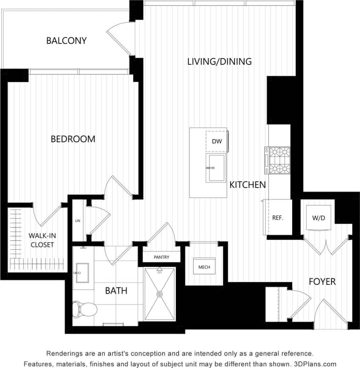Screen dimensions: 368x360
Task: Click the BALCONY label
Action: click(66, 41)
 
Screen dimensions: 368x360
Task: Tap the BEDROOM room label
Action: click(73, 139)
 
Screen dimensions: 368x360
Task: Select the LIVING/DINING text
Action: click(219, 62)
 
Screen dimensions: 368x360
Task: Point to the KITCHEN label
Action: click(248, 185)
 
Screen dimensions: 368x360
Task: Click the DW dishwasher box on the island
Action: click(217, 142)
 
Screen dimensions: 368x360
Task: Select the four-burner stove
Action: click(277, 160)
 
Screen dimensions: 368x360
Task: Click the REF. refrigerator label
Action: click(278, 218)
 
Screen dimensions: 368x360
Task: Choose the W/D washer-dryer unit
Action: click(319, 218)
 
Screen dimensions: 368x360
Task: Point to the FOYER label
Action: click(322, 281)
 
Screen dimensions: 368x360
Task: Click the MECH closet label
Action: click(204, 267)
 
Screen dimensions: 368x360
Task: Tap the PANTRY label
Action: click(161, 257)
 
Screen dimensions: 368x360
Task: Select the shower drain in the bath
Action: click(160, 294)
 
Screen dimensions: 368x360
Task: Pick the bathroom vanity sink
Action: click(81, 272)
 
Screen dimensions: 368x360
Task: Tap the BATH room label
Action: click(116, 291)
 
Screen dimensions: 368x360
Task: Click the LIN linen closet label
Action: click(77, 221)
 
